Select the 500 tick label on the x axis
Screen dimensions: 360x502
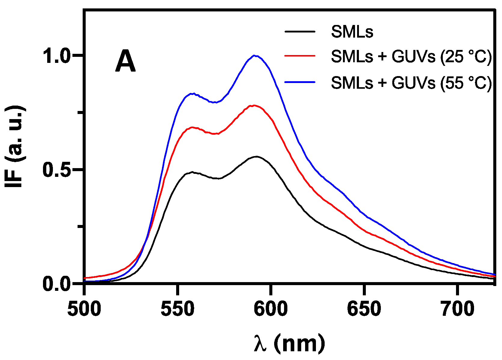84,309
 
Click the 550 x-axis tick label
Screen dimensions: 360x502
178,309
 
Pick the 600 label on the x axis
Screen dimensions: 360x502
271,309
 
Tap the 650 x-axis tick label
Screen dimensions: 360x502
364,309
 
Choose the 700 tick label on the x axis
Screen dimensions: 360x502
457,309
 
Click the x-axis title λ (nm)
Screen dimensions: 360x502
289,344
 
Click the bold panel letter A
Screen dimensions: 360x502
125,62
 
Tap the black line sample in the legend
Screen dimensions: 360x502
300,31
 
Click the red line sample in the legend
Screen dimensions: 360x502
300,56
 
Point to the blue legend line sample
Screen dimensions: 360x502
300,82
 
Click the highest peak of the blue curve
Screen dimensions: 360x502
255,55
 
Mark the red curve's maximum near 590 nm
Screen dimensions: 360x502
254,105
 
